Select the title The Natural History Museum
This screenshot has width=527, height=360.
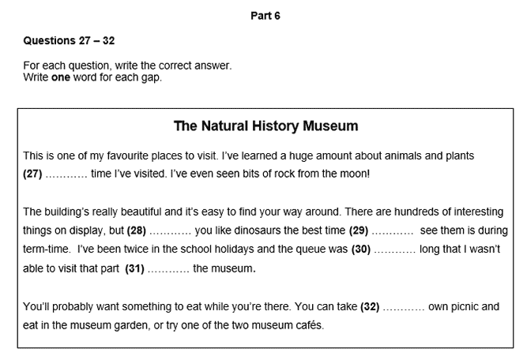(265, 126)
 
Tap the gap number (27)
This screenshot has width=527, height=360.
(33, 172)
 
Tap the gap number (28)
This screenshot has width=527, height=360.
(136, 231)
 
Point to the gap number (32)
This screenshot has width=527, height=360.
(371, 306)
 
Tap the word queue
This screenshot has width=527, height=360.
(299, 249)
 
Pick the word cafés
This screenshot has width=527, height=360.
(306, 325)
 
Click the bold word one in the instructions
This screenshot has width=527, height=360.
(61, 77)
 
